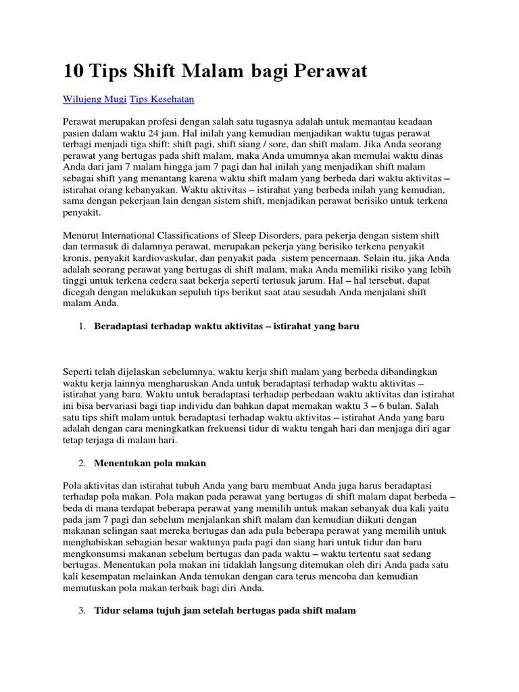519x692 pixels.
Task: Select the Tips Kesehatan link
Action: [x=162, y=99]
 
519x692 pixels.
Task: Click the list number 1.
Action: [x=81, y=326]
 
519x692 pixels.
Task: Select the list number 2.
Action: [x=81, y=463]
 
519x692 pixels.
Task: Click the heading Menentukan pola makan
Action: [x=149, y=463]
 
